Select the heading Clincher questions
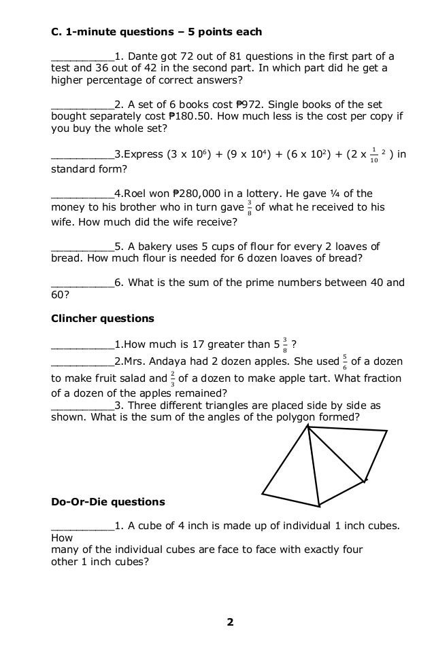click(x=103, y=318)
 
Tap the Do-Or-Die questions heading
click(x=108, y=502)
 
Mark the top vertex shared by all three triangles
click(x=308, y=427)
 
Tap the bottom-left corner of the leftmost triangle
click(x=262, y=494)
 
